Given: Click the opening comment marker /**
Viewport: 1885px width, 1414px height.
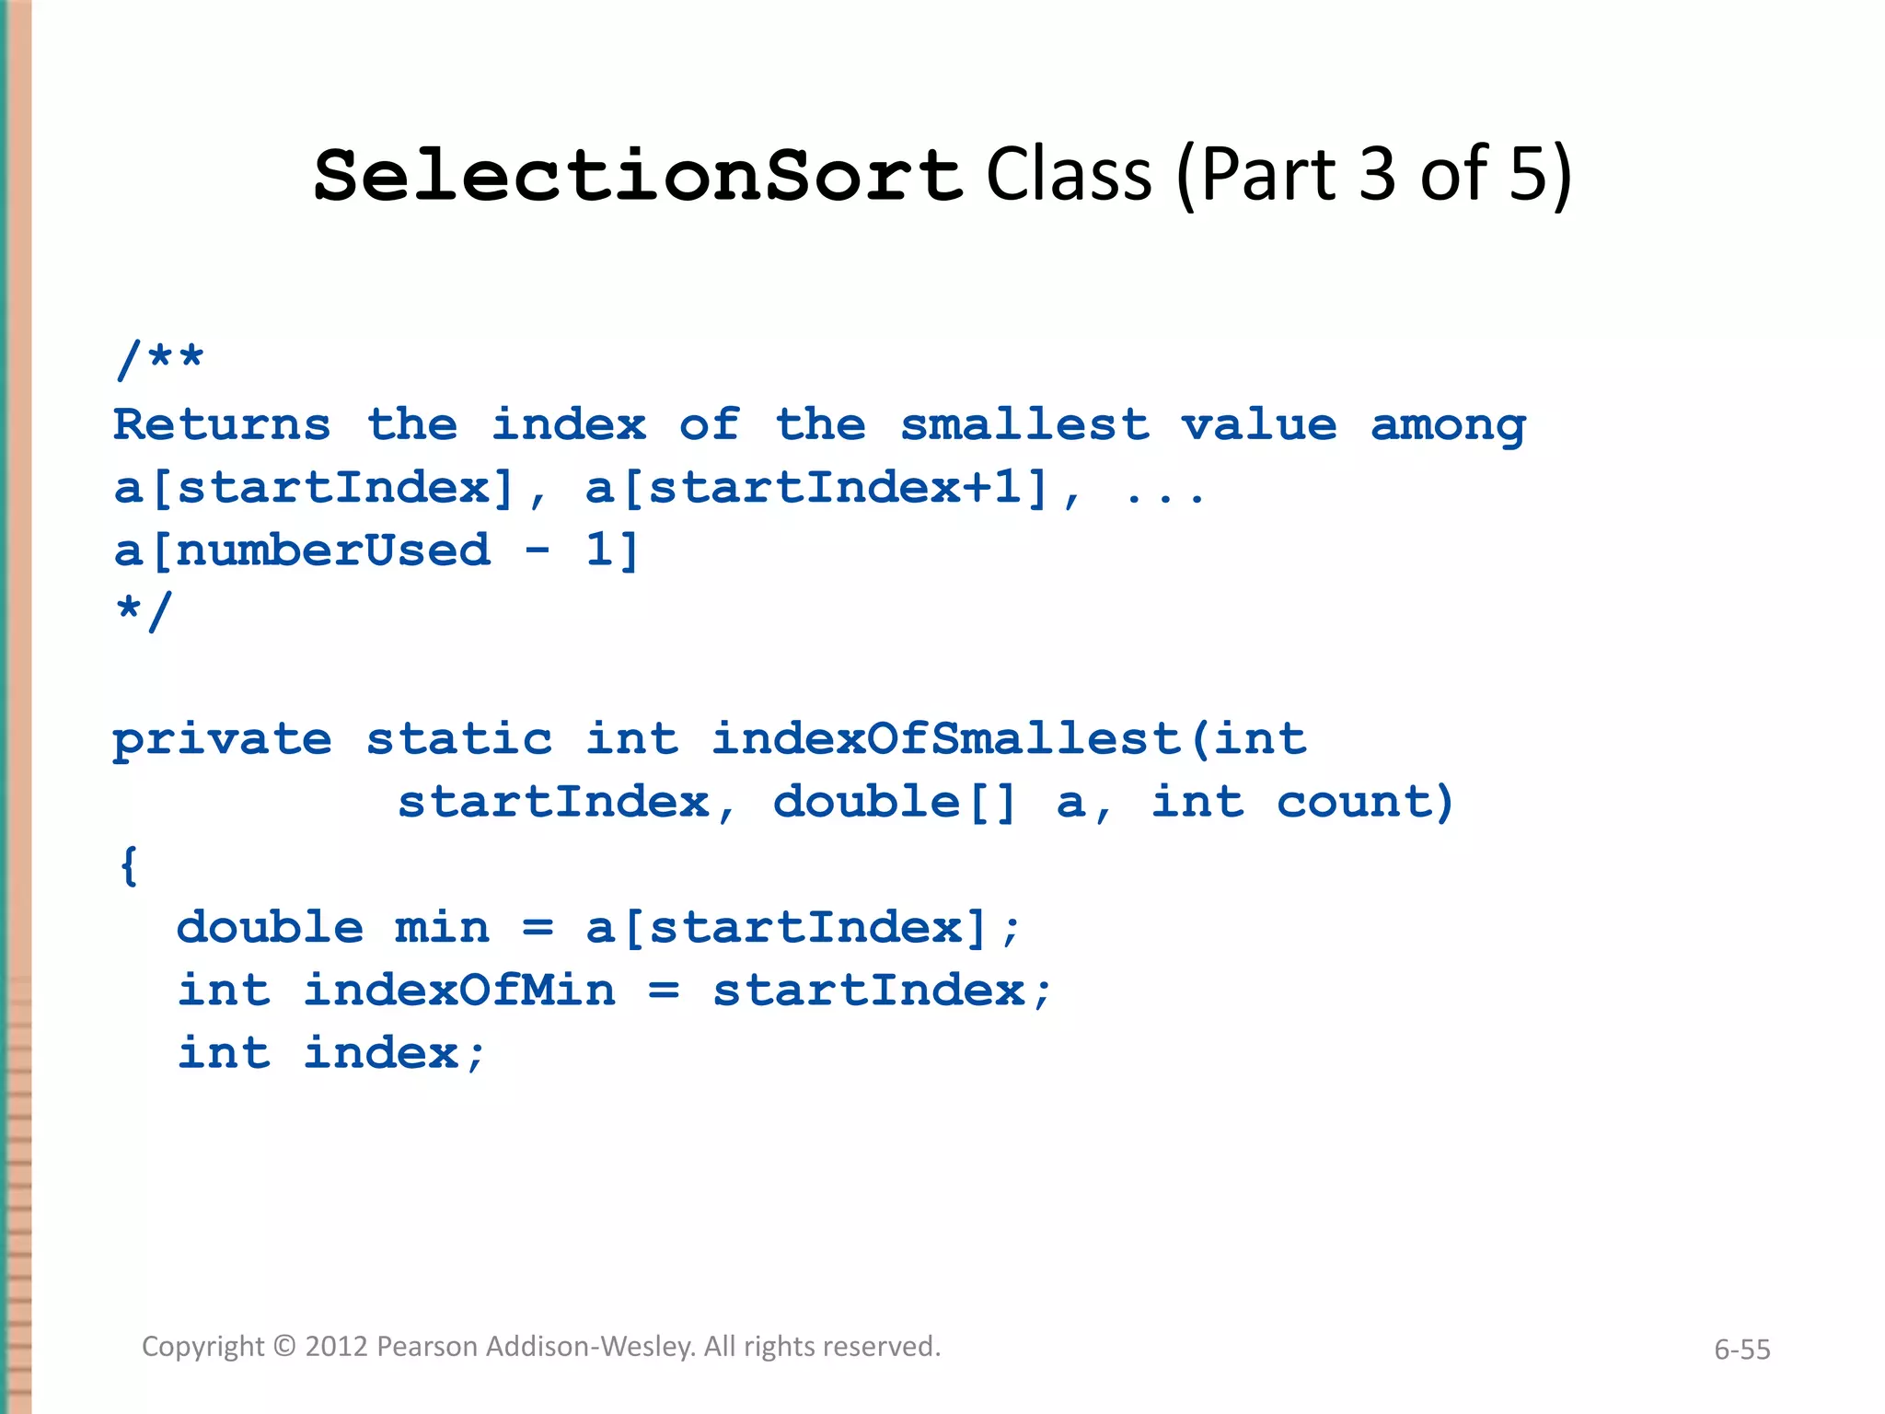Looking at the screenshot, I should point(159,358).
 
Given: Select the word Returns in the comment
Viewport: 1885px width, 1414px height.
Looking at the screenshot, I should point(222,425).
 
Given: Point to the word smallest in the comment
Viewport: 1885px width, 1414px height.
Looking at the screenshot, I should point(1024,425).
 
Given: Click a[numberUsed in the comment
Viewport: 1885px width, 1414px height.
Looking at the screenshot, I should point(302,551).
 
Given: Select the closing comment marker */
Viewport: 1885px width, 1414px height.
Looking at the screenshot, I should point(144,612).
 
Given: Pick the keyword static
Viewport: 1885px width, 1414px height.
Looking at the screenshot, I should point(459,739).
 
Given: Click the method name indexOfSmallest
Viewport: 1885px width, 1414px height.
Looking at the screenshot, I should point(946,739).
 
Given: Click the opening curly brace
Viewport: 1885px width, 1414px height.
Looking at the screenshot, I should point(130,865).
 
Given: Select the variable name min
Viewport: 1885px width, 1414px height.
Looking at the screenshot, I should point(442,928).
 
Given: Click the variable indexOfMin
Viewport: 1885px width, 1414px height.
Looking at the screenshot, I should point(459,991).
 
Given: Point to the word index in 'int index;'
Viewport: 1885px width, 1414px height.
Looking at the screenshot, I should point(380,1053).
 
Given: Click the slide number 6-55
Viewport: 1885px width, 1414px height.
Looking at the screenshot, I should point(1741,1350).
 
